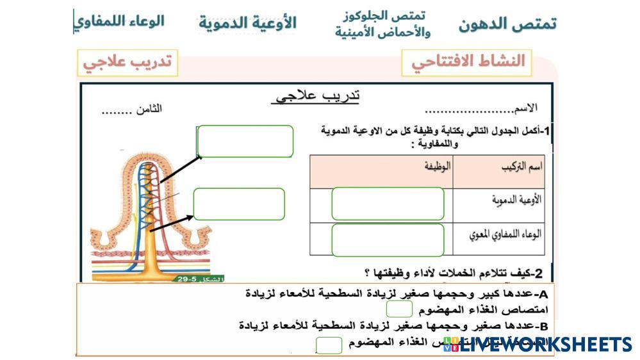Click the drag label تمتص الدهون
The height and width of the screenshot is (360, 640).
[507, 24]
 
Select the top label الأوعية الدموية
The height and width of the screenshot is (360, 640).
[247, 23]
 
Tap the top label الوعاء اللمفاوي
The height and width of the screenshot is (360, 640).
[119, 21]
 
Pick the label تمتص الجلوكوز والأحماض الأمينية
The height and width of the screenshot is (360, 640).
[382, 24]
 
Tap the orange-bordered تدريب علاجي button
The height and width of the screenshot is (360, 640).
[127, 63]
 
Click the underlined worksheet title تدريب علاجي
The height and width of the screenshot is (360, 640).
[316, 96]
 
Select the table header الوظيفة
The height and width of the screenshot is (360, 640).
[438, 167]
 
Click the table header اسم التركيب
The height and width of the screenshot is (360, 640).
[521, 167]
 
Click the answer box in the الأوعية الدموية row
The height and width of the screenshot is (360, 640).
[388, 204]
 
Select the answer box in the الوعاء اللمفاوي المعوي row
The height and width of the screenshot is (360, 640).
[388, 240]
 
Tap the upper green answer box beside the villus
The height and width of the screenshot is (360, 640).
[245, 141]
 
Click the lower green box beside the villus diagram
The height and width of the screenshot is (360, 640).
[239, 204]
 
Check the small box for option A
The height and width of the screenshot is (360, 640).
[399, 309]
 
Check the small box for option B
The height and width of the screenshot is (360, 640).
[329, 345]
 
